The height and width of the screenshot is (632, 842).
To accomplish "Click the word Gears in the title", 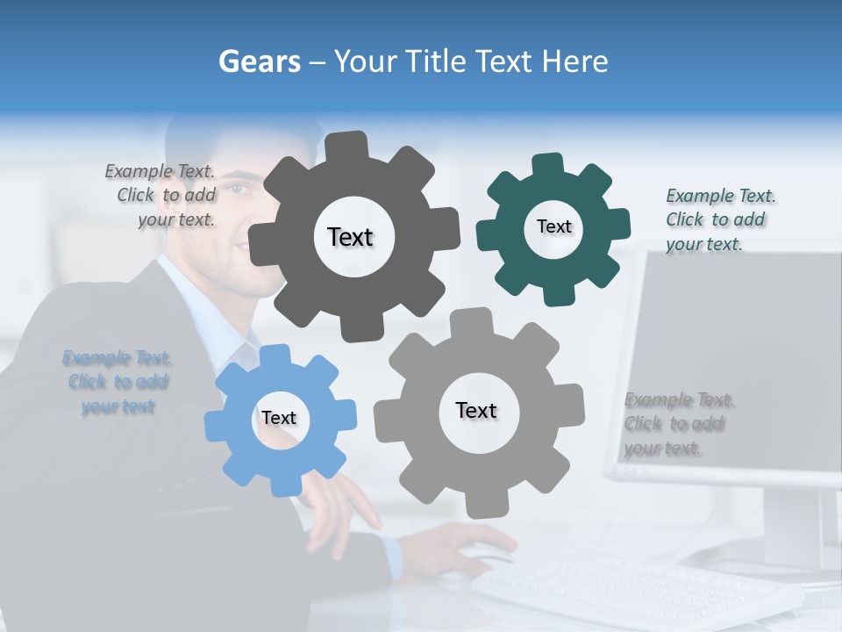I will click(x=259, y=62).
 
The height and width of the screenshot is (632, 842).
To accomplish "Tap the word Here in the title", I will click(x=574, y=62).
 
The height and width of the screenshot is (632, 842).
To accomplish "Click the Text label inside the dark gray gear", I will click(x=350, y=237).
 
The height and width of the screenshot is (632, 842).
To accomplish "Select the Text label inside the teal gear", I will click(x=553, y=226).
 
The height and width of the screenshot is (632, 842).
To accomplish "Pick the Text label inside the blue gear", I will click(x=279, y=418).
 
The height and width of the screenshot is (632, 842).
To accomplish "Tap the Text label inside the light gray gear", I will click(x=476, y=410).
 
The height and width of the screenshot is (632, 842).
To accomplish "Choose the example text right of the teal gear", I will click(x=718, y=219).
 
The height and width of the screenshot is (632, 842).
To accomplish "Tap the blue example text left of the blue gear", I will click(x=118, y=382).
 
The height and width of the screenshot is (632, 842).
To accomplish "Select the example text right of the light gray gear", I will click(x=677, y=424).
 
